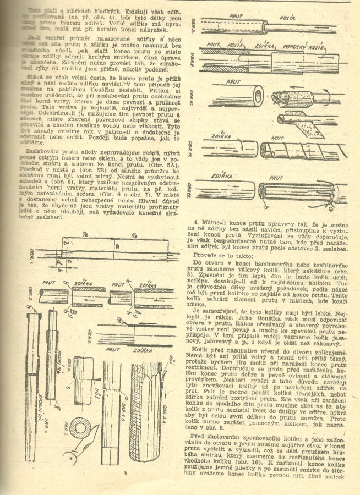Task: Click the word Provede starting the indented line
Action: pyautogui.click(x=203, y=255)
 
